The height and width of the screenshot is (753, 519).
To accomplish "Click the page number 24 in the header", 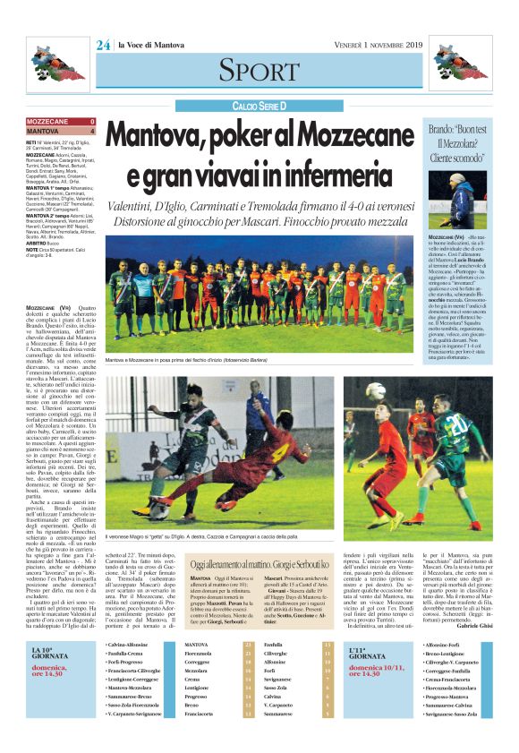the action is pos(103,45).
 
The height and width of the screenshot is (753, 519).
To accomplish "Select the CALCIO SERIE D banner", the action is pos(259,106).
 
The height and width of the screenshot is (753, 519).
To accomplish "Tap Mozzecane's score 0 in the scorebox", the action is pos(92,121).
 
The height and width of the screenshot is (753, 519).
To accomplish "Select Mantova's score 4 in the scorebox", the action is pos(92,131).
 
